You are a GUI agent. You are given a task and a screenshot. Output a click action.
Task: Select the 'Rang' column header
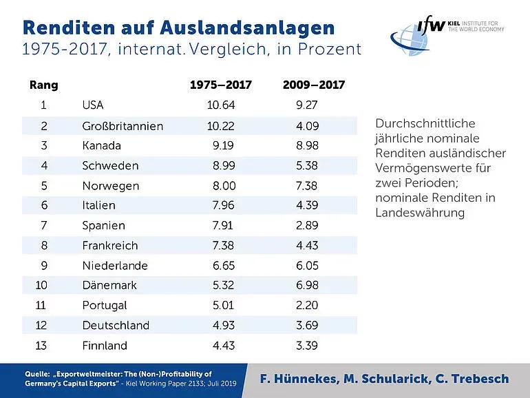click(43, 85)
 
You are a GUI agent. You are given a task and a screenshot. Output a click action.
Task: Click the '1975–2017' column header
click(221, 85)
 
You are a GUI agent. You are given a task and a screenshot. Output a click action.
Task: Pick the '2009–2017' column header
click(314, 85)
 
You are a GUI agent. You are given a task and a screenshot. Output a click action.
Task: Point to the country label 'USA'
click(93, 105)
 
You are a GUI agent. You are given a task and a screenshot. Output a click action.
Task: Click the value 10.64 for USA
click(221, 105)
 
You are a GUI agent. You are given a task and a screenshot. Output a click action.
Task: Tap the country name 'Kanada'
click(101, 145)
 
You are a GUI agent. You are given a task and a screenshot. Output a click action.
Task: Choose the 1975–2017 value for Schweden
click(221, 165)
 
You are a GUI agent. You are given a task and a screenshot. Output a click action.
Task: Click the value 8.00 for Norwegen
click(221, 185)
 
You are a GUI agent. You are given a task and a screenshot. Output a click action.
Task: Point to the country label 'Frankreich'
click(109, 245)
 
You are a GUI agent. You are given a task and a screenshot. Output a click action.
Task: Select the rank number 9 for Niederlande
click(43, 265)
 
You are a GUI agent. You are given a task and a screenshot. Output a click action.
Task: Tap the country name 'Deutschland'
click(115, 325)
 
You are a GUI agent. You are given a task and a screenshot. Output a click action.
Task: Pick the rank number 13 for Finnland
click(43, 345)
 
